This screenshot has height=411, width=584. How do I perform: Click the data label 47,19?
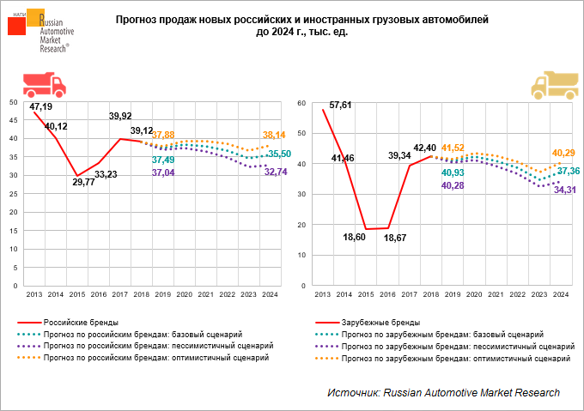pos(41,107)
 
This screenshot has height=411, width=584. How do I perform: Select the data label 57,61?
pos(341,106)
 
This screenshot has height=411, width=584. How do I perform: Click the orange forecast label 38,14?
pos(275,136)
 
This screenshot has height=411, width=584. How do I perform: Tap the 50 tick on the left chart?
pos(12,101)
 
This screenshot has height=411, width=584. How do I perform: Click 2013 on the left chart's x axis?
pos(33,294)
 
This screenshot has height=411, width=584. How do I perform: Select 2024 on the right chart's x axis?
pos(560,294)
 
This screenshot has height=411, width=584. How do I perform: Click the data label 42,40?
pos(426,147)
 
